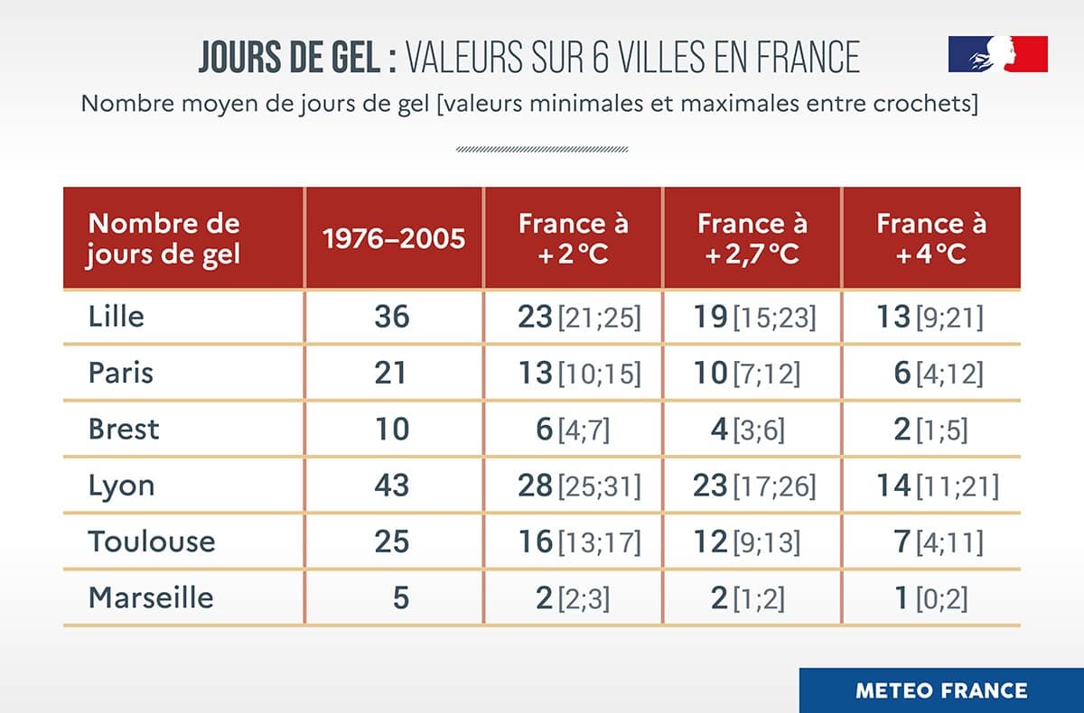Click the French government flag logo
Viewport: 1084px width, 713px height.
click(x=997, y=54)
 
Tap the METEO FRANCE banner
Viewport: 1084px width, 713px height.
click(x=941, y=690)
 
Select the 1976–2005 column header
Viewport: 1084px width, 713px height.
click(x=394, y=238)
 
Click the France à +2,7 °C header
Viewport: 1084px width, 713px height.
click(x=752, y=238)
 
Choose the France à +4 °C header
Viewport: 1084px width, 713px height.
click(x=931, y=238)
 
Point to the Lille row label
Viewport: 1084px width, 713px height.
click(x=117, y=317)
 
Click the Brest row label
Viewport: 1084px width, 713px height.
click(x=124, y=429)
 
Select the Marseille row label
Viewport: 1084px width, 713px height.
click(x=151, y=597)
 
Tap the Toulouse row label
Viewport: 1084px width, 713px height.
click(x=152, y=542)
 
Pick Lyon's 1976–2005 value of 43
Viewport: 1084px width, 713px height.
click(x=391, y=486)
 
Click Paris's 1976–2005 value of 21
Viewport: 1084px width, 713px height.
click(x=391, y=373)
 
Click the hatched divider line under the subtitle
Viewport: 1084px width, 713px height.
click(x=542, y=149)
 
